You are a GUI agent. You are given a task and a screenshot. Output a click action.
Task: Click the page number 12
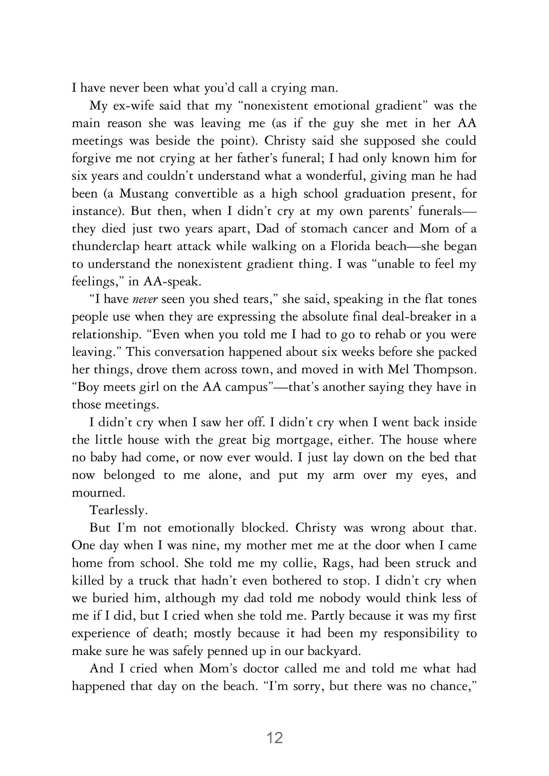click(x=274, y=738)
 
